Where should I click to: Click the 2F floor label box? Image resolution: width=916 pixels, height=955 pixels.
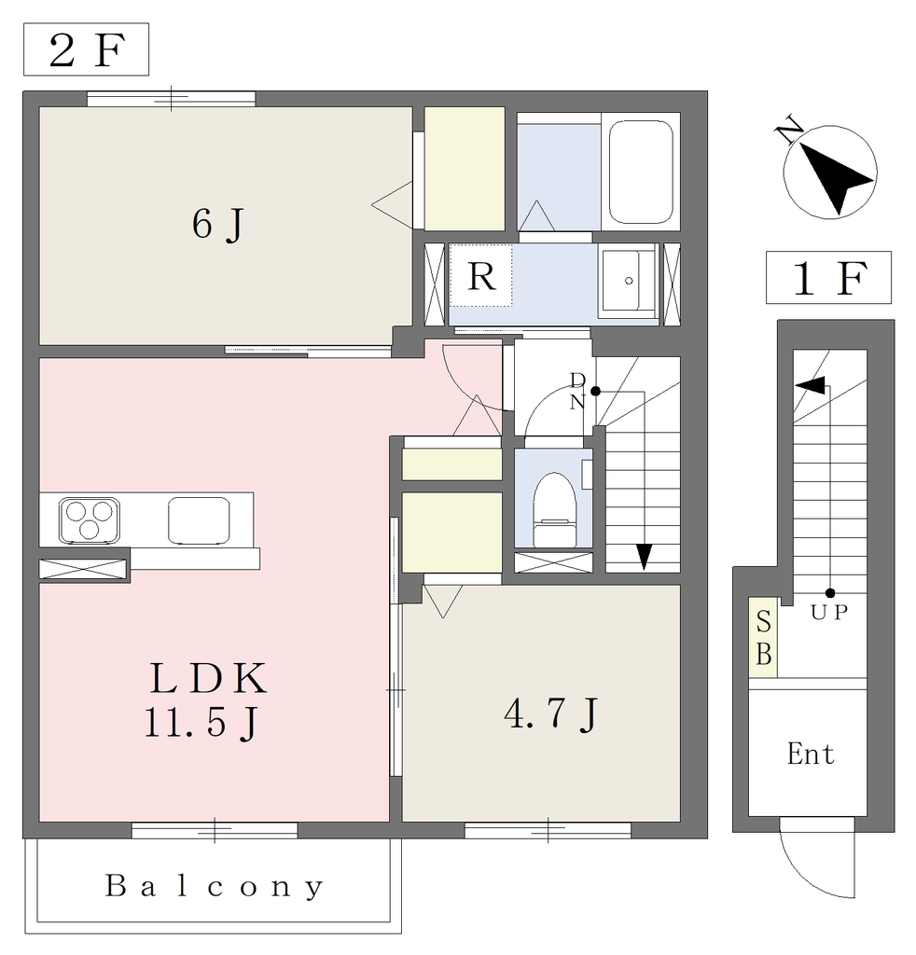click(x=86, y=49)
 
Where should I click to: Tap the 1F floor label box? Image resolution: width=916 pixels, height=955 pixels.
click(x=828, y=277)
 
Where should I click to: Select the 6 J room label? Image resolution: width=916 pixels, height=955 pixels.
click(x=218, y=224)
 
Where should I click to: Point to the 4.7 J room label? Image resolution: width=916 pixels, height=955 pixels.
click(x=551, y=713)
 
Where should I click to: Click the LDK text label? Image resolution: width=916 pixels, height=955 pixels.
click(x=208, y=679)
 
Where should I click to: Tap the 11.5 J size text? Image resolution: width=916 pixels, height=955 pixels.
click(x=202, y=723)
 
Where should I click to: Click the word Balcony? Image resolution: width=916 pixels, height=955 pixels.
click(x=214, y=887)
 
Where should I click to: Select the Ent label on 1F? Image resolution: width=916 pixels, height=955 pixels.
click(x=810, y=754)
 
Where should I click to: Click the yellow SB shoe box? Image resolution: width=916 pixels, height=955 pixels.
click(x=763, y=637)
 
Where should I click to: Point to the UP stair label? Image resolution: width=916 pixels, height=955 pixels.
click(x=829, y=612)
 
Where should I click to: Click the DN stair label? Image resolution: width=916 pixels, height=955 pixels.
click(x=577, y=391)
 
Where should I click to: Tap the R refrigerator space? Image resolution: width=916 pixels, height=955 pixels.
click(x=481, y=275)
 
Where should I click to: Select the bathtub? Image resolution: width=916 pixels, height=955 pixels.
click(x=641, y=173)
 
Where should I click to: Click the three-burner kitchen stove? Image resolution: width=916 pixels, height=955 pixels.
click(x=89, y=520)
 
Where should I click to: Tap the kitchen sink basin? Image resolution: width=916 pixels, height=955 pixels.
click(x=200, y=520)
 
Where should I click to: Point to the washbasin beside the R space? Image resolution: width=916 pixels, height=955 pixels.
click(x=627, y=281)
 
